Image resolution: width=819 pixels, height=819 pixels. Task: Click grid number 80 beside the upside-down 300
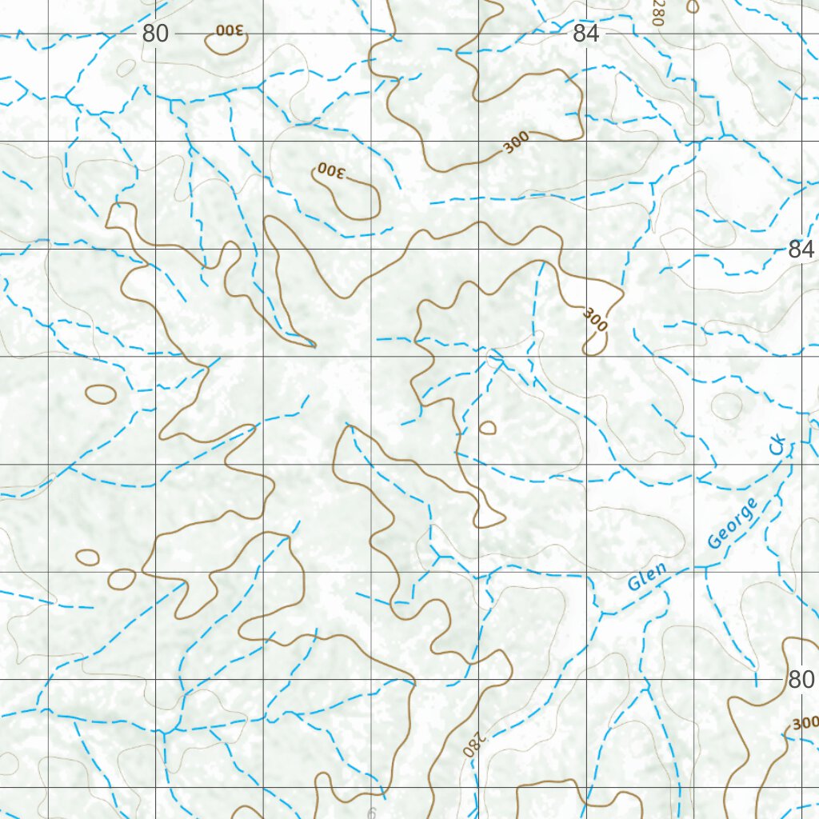coord(156,34)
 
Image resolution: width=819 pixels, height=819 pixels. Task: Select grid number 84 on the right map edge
coord(801,250)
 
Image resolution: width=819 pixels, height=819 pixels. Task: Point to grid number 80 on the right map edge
coord(800,680)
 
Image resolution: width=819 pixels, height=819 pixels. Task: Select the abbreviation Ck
coord(778,446)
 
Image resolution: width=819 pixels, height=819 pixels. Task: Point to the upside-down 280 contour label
coord(473,745)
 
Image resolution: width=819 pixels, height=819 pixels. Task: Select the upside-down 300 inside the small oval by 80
coord(230,31)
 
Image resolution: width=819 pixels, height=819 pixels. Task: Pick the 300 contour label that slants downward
coord(595,319)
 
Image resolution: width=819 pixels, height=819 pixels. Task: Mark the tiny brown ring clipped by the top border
coord(693,6)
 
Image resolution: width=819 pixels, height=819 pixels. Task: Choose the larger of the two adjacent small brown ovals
coord(122,578)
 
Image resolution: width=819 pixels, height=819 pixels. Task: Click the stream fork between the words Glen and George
coord(705,567)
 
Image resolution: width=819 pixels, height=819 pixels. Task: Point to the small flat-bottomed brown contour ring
coord(487,429)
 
